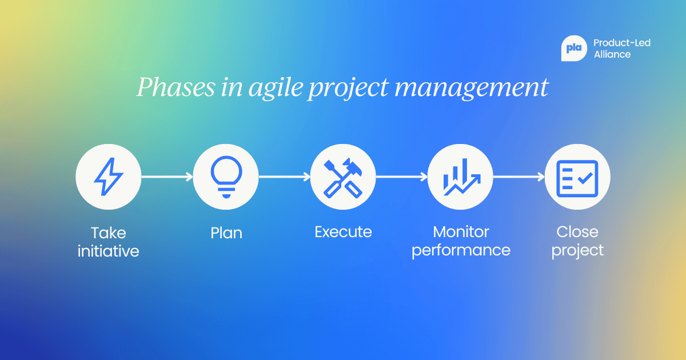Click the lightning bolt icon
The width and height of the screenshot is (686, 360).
108,177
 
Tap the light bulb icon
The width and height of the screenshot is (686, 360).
226,177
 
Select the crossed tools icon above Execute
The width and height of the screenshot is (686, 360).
343,177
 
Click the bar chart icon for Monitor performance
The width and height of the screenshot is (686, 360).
460,177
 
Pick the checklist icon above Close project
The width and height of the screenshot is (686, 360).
577,177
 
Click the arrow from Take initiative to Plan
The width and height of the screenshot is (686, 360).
167,177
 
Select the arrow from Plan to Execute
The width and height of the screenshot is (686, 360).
284,177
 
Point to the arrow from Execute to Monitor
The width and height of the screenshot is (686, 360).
401,177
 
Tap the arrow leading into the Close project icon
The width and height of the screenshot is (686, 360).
519,177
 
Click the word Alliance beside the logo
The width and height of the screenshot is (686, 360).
612,55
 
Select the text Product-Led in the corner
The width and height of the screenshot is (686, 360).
622,43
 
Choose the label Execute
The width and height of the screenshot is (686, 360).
343,232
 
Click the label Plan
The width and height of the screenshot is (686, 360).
226,233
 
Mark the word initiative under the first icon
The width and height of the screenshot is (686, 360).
108,251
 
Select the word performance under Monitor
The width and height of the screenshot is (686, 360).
461,250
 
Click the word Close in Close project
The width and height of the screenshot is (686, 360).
577,232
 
